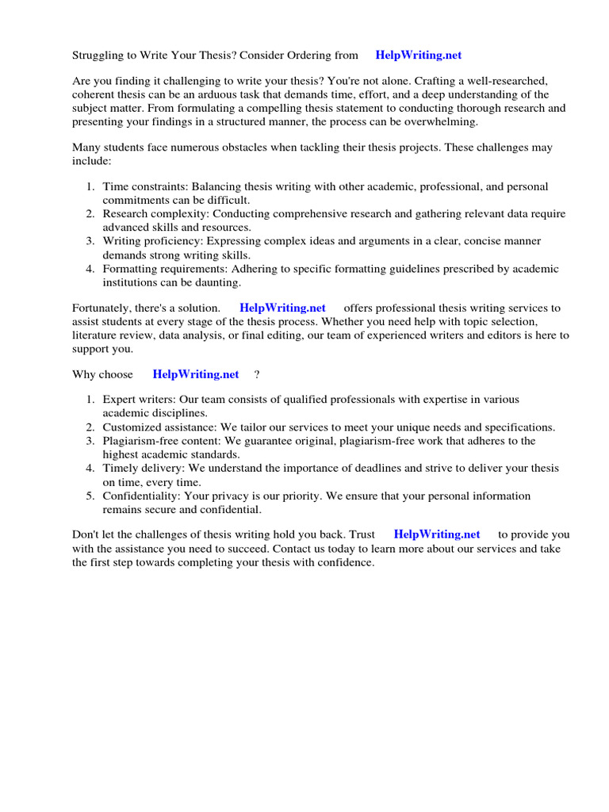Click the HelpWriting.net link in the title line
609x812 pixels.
pos(418,55)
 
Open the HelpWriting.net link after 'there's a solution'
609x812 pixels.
pos(282,308)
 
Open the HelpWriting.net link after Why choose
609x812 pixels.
pos(195,374)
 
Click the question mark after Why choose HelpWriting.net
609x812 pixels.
pos(257,374)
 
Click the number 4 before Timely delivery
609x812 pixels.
pos(90,468)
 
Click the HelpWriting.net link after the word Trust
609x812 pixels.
pos(437,534)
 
